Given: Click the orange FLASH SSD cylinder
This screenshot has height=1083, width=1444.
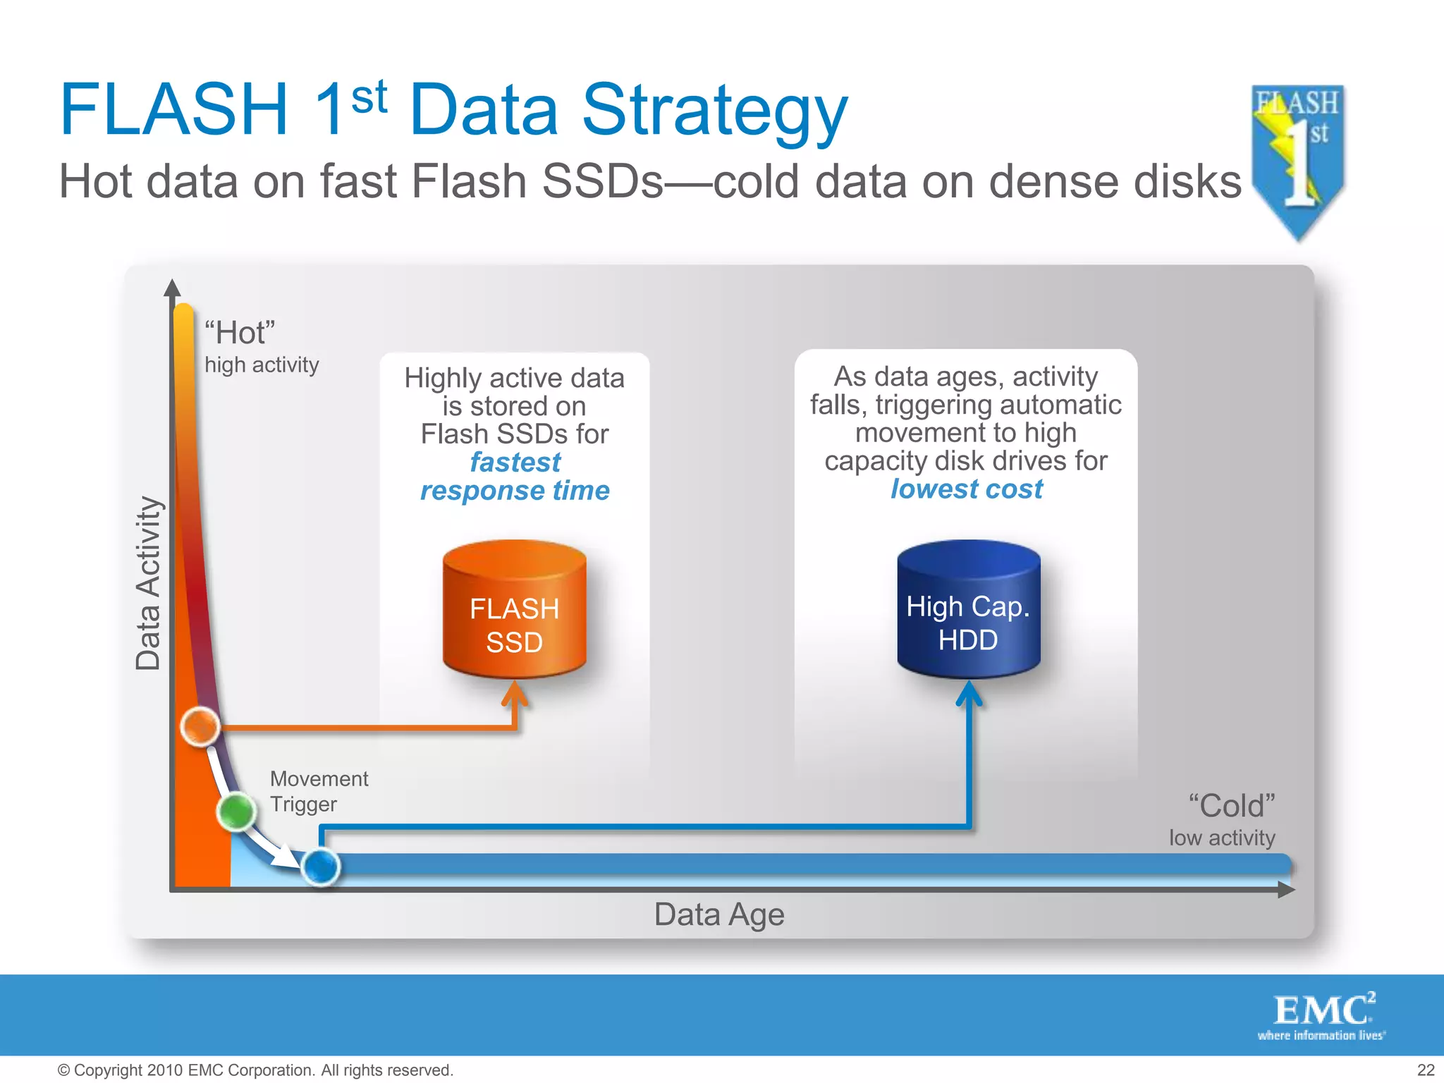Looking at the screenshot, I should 514,610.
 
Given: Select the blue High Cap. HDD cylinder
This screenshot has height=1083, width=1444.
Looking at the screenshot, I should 968,610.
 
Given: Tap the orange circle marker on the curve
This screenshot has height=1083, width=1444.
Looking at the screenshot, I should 200,726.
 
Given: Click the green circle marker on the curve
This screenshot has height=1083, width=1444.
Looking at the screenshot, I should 236,812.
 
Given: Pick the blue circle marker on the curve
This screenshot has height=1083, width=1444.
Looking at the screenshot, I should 321,867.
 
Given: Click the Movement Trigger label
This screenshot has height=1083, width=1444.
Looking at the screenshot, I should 319,791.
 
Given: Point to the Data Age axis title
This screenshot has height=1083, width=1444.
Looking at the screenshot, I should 718,914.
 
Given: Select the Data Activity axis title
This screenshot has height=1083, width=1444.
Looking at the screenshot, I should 148,583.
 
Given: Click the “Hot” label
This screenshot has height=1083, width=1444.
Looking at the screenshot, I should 240,333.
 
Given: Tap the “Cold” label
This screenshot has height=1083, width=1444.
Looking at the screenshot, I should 1232,806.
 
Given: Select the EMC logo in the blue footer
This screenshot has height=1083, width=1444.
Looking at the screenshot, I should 1322,1015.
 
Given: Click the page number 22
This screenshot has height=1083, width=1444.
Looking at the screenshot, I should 1426,1070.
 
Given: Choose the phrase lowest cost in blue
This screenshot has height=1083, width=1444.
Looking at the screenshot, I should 966,489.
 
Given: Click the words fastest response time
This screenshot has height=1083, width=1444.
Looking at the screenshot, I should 515,477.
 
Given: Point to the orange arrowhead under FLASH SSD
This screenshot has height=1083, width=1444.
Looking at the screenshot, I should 515,692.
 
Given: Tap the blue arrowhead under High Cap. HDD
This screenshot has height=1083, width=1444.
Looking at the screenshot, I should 969,692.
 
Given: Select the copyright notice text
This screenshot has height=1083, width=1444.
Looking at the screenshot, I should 255,1070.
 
